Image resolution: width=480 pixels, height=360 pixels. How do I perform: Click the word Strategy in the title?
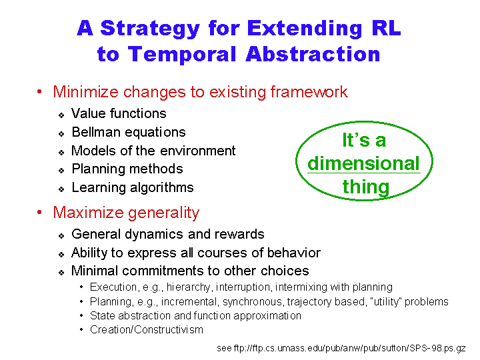point(150,29)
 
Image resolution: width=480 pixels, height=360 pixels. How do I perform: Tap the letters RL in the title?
point(386,28)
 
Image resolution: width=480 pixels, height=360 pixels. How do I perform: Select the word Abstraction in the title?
point(313,54)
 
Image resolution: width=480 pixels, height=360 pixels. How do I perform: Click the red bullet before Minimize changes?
point(39,91)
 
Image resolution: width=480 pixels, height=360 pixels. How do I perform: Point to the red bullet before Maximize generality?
point(39,212)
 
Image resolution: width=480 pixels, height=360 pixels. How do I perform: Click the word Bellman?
point(96,132)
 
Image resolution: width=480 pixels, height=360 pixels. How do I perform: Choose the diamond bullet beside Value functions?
point(61,115)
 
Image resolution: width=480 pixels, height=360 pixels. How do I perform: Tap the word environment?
point(198,151)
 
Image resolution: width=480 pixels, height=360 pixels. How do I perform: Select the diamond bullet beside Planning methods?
point(61,171)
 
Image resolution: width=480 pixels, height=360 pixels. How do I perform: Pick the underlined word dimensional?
point(363,163)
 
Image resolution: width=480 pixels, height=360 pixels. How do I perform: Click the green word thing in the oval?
point(366,187)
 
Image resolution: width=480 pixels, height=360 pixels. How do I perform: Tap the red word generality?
point(163,213)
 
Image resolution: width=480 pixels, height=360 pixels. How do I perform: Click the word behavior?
point(294,253)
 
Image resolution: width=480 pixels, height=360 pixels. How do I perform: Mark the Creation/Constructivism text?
point(146,330)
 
